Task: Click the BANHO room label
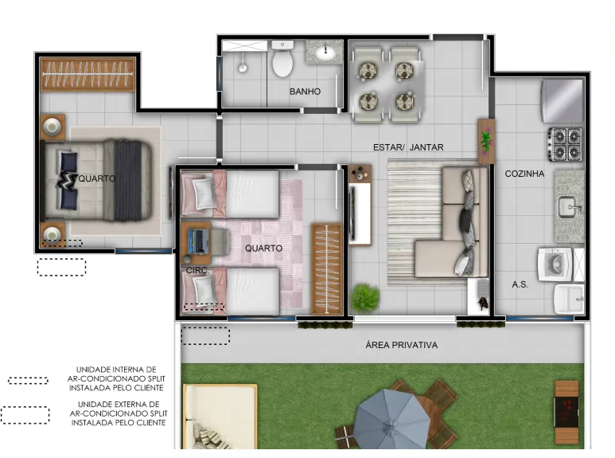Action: tap(306, 92)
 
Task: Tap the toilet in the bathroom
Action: tap(282, 59)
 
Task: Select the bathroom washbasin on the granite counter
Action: tap(325, 52)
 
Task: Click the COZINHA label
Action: tap(524, 174)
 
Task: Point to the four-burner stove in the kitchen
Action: tap(565, 144)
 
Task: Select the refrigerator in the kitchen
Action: tap(562, 101)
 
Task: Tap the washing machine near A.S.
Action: tap(555, 264)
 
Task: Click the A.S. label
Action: tap(520, 284)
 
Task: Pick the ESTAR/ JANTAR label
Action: tap(408, 147)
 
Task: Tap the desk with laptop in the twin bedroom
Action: tap(196, 243)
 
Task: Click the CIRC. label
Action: tap(197, 271)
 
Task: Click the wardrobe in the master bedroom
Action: tap(88, 74)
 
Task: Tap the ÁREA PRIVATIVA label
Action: tap(402, 345)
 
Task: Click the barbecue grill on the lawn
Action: tap(566, 412)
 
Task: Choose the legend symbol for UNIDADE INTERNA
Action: tap(28, 380)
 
